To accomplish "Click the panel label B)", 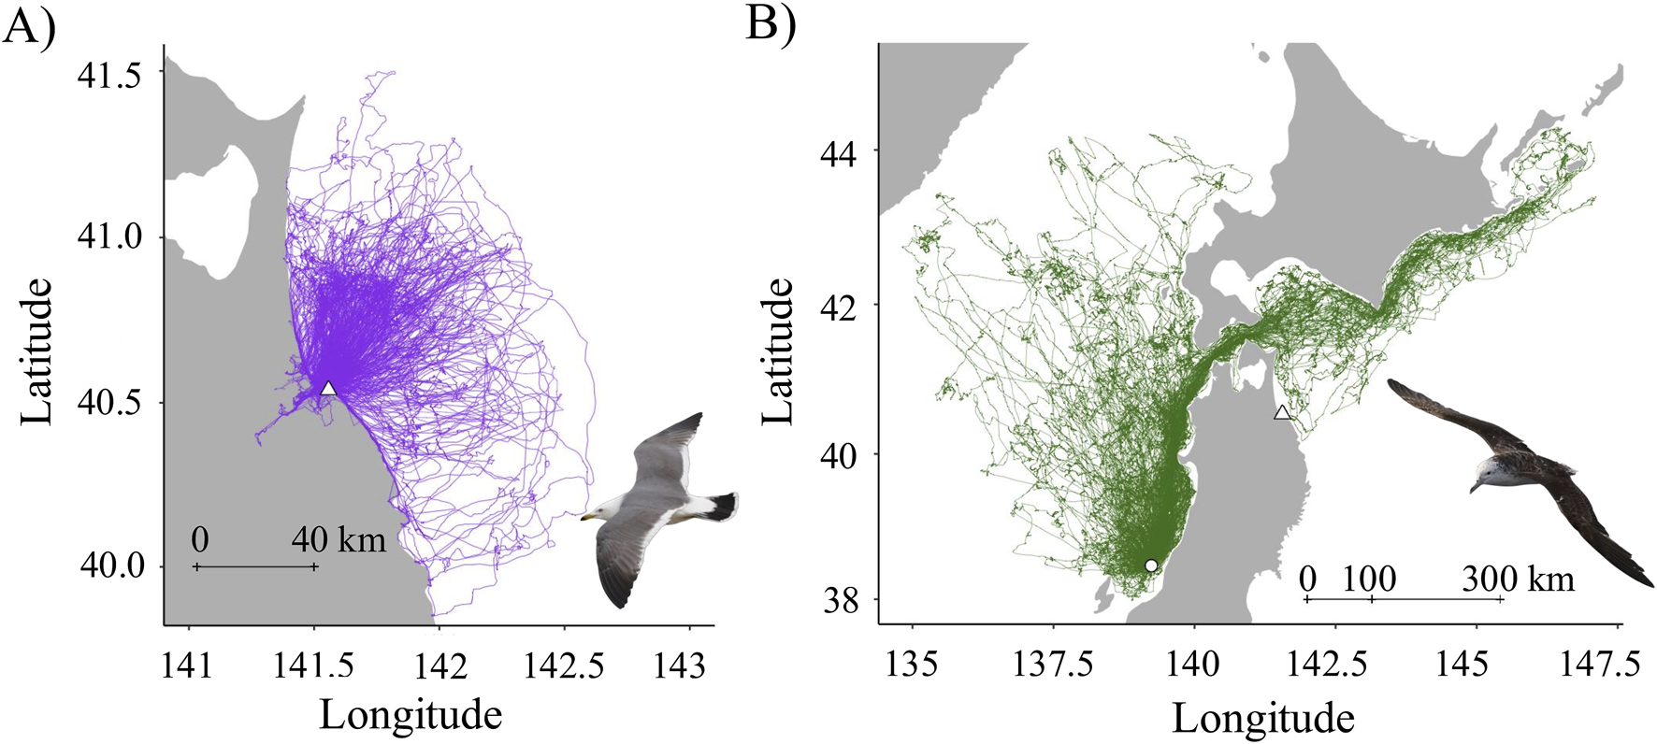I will click(x=771, y=24).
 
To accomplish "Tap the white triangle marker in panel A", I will click(x=328, y=389).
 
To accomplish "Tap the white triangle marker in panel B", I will click(x=1282, y=413).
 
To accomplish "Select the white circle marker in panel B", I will click(x=1151, y=565).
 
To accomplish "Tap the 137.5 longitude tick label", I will click(x=1053, y=665).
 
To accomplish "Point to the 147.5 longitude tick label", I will click(x=1599, y=665).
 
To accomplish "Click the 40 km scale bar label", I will click(x=339, y=539).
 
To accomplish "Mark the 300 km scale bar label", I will click(x=1518, y=579).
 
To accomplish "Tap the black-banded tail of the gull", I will click(x=720, y=506).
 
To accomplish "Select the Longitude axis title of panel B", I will click(x=1262, y=718).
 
